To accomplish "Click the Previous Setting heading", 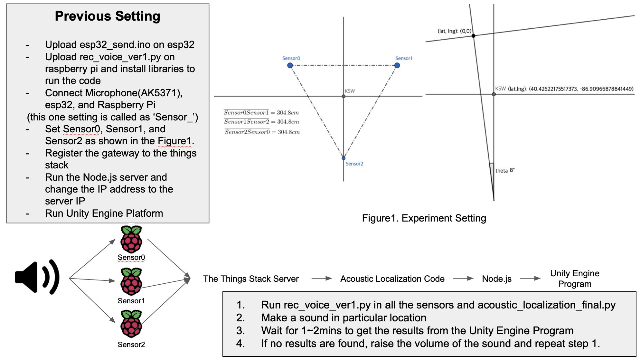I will point(107,16).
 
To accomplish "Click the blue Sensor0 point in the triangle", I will point(290,65).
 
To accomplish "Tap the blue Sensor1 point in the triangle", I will point(397,65).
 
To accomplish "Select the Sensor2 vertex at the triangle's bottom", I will point(344,158).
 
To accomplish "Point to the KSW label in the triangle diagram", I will point(350,91).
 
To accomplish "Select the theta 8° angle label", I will point(505,170).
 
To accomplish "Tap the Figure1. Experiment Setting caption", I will point(424,218).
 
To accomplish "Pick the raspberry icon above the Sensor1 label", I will point(131,282).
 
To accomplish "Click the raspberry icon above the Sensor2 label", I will point(131,324).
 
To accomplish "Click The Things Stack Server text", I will point(251,279).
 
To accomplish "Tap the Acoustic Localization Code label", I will point(392,279).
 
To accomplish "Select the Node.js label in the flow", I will point(496,279).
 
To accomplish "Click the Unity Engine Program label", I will point(575,279).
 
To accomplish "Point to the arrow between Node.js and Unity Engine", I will point(530,279).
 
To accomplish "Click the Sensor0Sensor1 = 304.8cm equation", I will point(261,113).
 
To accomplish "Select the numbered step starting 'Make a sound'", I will point(344,318).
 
